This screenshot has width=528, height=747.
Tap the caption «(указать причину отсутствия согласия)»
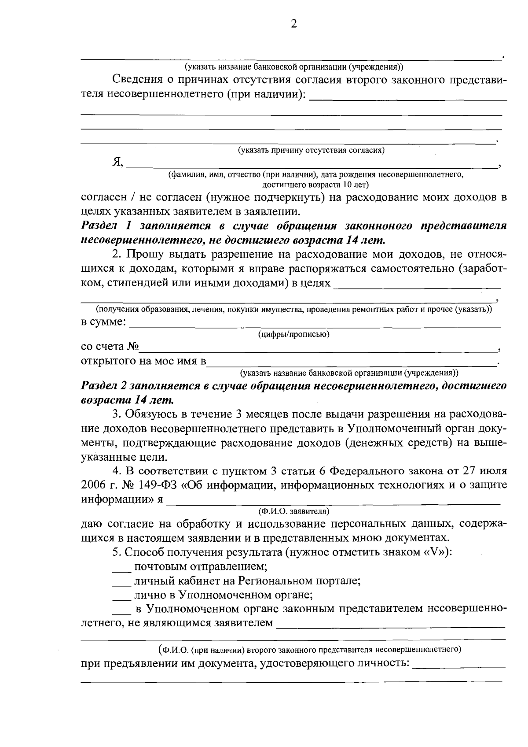(x=311, y=150)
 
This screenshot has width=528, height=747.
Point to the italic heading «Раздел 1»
(x=106, y=226)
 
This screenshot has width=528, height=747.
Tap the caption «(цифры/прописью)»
(x=293, y=334)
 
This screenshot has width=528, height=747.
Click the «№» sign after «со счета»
(x=133, y=347)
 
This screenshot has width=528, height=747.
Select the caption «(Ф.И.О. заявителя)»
(x=293, y=511)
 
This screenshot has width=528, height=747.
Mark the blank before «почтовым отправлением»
(x=121, y=567)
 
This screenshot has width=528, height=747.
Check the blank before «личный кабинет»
(x=121, y=581)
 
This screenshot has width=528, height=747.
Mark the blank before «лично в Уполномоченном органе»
(x=121, y=596)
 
